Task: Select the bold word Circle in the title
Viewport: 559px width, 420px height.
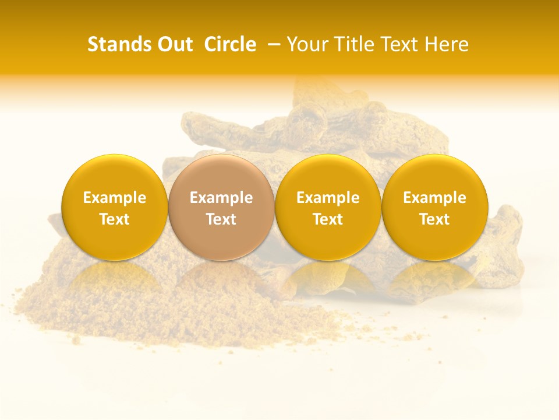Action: coord(230,44)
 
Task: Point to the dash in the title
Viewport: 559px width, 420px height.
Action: coord(272,44)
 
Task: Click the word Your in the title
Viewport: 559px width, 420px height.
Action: coord(306,44)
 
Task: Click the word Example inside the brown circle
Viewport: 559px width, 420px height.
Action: coord(221,198)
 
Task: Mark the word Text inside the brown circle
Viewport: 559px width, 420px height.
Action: coord(221,219)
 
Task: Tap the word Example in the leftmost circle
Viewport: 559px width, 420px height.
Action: coord(114,198)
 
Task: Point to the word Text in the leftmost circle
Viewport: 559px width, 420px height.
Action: coord(114,219)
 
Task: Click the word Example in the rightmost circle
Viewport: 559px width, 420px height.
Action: coord(434,198)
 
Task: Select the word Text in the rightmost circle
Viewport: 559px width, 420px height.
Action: coord(434,219)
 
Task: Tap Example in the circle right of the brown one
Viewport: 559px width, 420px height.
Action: coord(328,198)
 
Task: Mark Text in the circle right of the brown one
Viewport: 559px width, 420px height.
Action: coord(328,219)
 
